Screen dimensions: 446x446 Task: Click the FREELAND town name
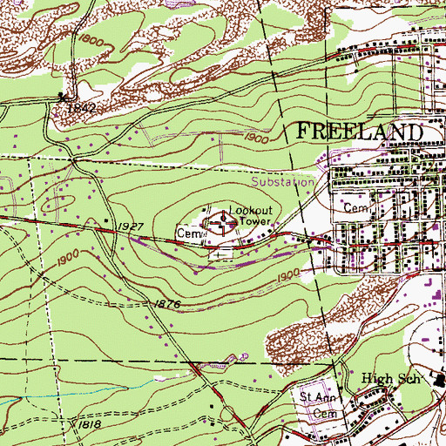click(361, 132)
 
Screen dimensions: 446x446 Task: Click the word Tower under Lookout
click(252, 221)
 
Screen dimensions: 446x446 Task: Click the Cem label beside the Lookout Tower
click(187, 234)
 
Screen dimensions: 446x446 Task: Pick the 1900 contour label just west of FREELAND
click(255, 138)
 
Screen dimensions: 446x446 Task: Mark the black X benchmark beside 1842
click(62, 97)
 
